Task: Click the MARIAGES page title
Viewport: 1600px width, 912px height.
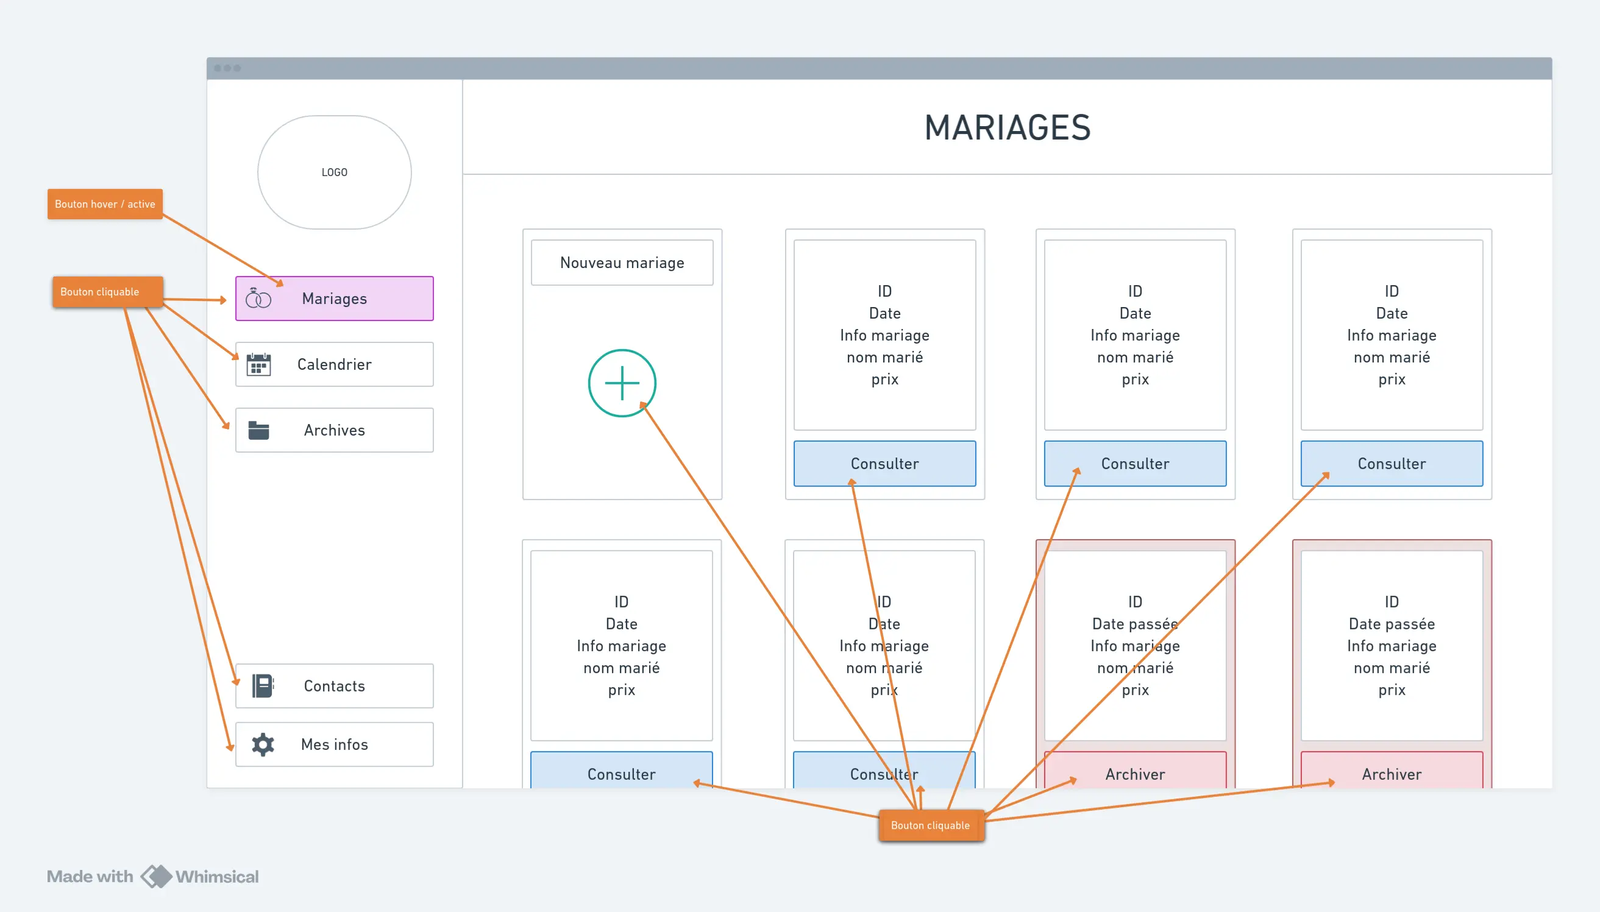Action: point(1007,127)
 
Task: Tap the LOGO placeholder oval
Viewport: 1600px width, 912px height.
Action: point(334,172)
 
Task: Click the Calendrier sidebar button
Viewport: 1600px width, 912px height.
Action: point(334,364)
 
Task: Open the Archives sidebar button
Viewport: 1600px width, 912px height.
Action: point(334,430)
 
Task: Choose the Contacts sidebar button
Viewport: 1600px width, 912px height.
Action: point(334,686)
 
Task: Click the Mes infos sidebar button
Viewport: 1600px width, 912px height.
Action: point(334,744)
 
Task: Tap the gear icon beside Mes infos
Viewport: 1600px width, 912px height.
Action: point(263,744)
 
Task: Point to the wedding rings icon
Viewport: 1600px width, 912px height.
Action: point(258,299)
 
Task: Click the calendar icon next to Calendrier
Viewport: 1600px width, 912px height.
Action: point(258,364)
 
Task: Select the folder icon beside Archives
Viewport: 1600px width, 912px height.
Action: point(258,430)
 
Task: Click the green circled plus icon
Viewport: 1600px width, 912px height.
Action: point(622,383)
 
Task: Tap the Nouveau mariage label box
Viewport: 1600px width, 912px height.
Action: point(622,263)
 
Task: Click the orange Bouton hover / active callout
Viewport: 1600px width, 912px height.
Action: point(105,204)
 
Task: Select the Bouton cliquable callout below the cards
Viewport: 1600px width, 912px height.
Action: point(931,825)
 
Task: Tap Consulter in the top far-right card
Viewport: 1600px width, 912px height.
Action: point(1392,464)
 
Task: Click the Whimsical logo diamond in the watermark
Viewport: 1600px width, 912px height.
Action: point(156,876)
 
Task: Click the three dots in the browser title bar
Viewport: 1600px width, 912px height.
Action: point(227,68)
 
